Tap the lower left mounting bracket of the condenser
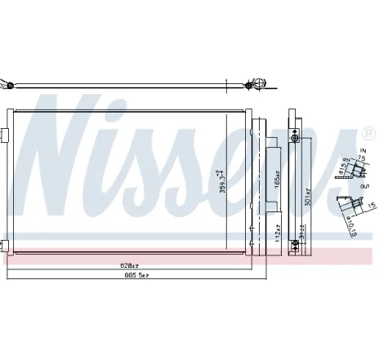(x=6, y=244)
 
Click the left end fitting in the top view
(x=8, y=83)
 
